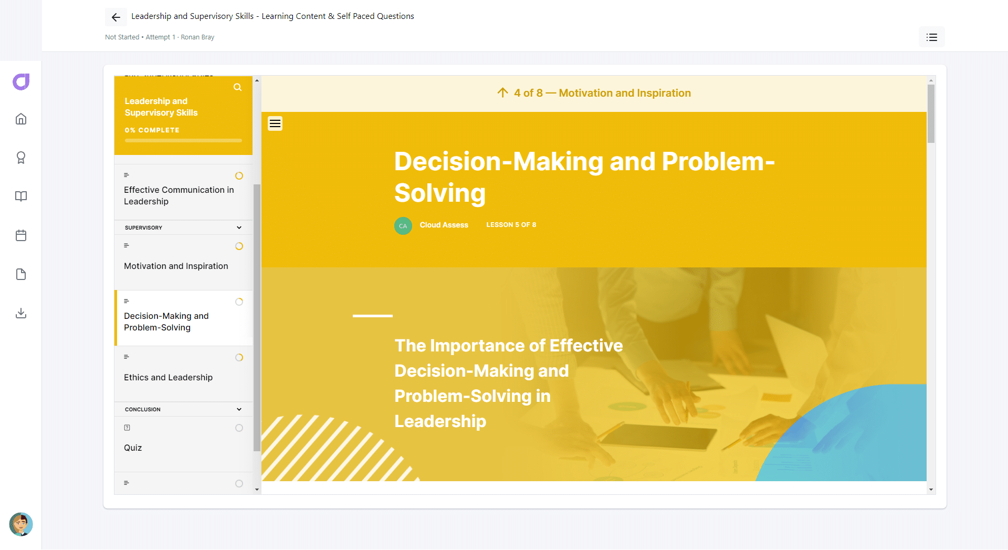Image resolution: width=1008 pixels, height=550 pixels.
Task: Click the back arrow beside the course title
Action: (116, 17)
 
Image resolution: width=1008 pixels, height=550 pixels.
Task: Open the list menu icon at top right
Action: (932, 37)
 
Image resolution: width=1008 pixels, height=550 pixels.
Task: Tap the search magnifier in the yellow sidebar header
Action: (238, 87)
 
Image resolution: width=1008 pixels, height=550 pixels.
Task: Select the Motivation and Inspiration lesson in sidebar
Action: (176, 266)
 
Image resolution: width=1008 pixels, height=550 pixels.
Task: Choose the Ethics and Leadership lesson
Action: (168, 377)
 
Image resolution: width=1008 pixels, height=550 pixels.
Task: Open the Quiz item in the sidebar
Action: (133, 448)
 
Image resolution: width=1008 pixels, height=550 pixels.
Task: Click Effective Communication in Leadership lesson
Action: (179, 195)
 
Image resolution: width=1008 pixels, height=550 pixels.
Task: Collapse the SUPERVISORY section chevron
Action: (239, 227)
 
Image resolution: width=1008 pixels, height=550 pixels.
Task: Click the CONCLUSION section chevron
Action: (239, 409)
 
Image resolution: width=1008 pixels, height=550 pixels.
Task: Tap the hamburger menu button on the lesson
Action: (275, 123)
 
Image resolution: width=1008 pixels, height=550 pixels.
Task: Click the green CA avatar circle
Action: (403, 226)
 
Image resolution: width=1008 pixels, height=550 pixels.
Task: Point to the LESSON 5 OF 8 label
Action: (511, 225)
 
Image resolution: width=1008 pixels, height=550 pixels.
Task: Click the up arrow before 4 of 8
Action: (502, 93)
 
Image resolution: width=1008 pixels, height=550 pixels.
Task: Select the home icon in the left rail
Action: (21, 119)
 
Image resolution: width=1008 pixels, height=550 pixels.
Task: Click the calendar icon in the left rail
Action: (21, 235)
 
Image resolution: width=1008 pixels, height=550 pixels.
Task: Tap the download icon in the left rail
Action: (21, 313)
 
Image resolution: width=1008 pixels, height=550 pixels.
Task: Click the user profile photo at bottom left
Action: (21, 524)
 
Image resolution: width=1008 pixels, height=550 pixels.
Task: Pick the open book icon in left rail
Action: (21, 196)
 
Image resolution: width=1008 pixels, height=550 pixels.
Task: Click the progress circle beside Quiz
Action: (239, 428)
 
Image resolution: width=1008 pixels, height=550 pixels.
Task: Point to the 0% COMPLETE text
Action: (152, 130)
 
